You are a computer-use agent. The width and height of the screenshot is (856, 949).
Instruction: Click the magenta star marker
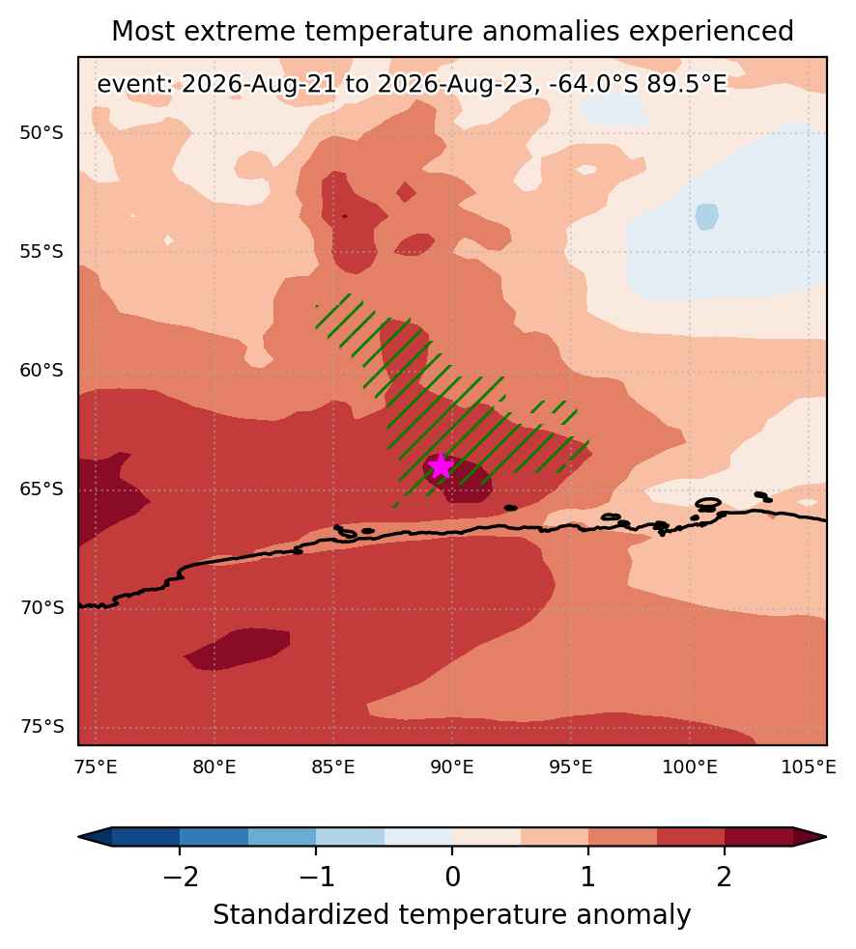[x=441, y=466]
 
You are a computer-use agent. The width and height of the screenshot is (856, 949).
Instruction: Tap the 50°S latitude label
[x=42, y=133]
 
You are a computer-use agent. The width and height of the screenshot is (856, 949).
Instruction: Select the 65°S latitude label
[x=42, y=489]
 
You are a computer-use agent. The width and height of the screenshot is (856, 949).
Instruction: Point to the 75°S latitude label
[x=42, y=726]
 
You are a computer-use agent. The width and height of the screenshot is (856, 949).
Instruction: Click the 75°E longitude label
[x=96, y=768]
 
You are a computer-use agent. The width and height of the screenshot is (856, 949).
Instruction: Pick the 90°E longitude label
[x=452, y=768]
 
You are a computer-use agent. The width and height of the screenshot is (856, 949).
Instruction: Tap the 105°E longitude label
[x=808, y=768]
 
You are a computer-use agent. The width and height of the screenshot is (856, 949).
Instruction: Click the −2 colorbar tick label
[x=181, y=877]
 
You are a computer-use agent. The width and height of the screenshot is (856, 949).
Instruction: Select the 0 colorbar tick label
[x=452, y=877]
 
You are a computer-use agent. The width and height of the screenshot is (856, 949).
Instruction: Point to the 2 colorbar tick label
[x=725, y=877]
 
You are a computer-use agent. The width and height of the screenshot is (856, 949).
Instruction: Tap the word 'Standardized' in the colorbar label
[x=300, y=914]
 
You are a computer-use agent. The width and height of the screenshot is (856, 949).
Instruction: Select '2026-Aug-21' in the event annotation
[x=259, y=84]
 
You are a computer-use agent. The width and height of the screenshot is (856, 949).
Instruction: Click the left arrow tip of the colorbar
[x=79, y=837]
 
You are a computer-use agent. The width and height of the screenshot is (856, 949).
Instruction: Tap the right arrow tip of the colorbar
[x=826, y=837]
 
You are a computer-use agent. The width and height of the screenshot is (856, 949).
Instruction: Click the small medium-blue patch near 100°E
[x=707, y=216]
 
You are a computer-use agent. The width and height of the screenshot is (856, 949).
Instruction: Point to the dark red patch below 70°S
[x=238, y=649]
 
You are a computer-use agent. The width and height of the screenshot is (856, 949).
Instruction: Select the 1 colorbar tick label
[x=588, y=877]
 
